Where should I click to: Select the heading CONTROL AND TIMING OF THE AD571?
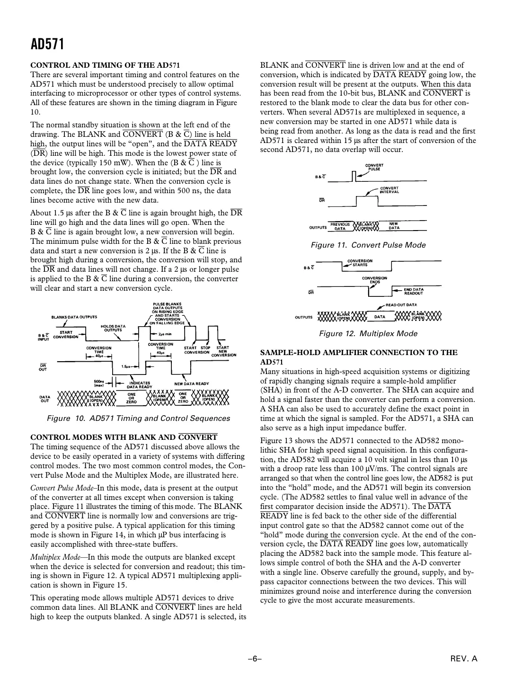[105, 65]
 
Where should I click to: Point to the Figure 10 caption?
[138, 419]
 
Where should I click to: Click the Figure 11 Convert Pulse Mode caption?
[368, 245]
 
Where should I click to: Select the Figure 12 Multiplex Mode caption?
[368, 334]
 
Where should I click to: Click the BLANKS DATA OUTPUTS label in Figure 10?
[74, 317]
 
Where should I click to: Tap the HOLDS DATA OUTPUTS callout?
[113, 328]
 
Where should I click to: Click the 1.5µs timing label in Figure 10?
[126, 366]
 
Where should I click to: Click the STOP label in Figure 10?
[205, 348]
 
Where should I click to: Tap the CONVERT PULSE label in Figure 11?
[374, 167]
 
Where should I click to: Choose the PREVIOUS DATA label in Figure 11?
[340, 226]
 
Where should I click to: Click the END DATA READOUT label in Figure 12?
[413, 291]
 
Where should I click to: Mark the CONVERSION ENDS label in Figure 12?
[374, 280]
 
